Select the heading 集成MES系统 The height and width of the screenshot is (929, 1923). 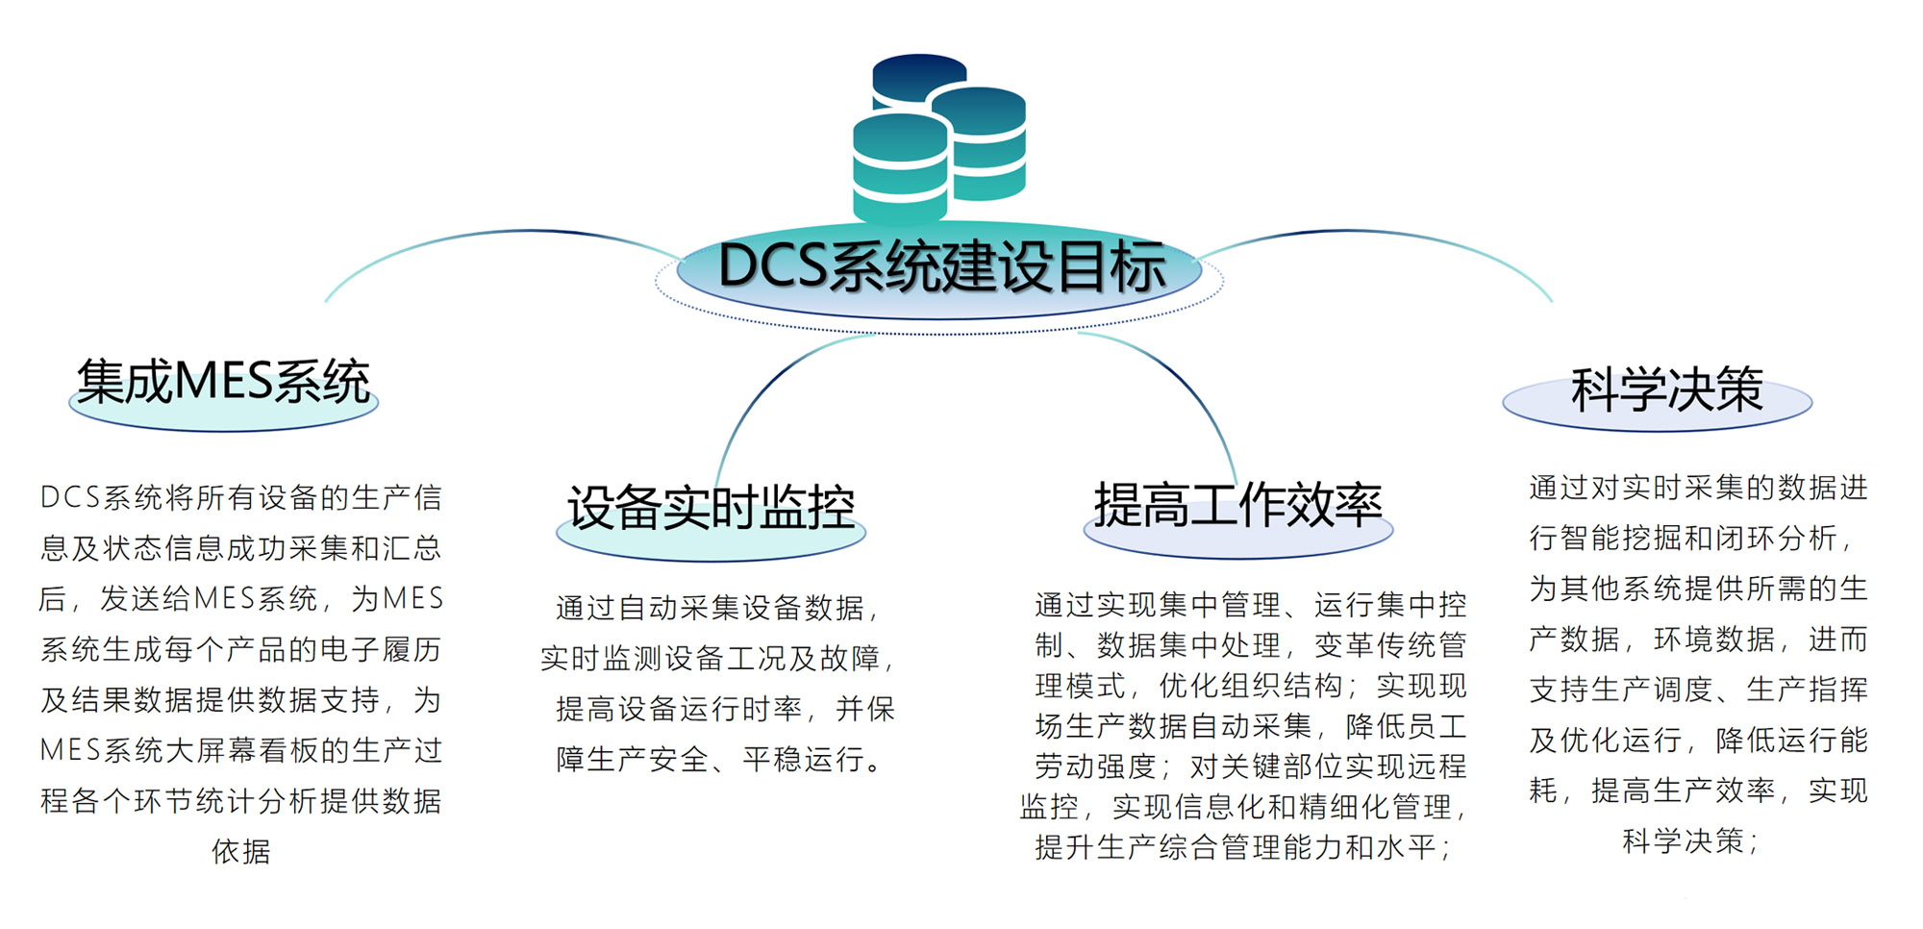click(223, 383)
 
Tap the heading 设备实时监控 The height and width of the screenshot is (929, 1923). click(711, 508)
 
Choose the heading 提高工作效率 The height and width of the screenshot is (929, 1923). click(1237, 505)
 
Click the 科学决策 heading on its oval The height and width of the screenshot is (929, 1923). click(1666, 390)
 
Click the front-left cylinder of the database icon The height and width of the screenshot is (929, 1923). click(900, 168)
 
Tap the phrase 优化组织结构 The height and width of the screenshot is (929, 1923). click(1250, 686)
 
